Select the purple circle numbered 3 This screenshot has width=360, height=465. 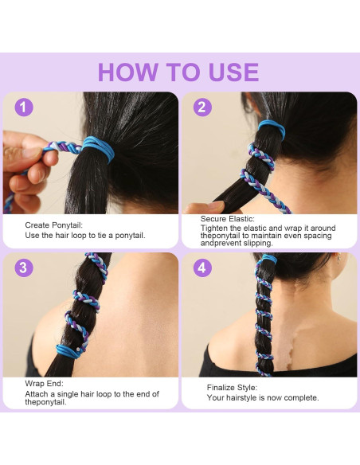(x=25, y=268)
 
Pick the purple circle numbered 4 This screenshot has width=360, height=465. (x=202, y=268)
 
